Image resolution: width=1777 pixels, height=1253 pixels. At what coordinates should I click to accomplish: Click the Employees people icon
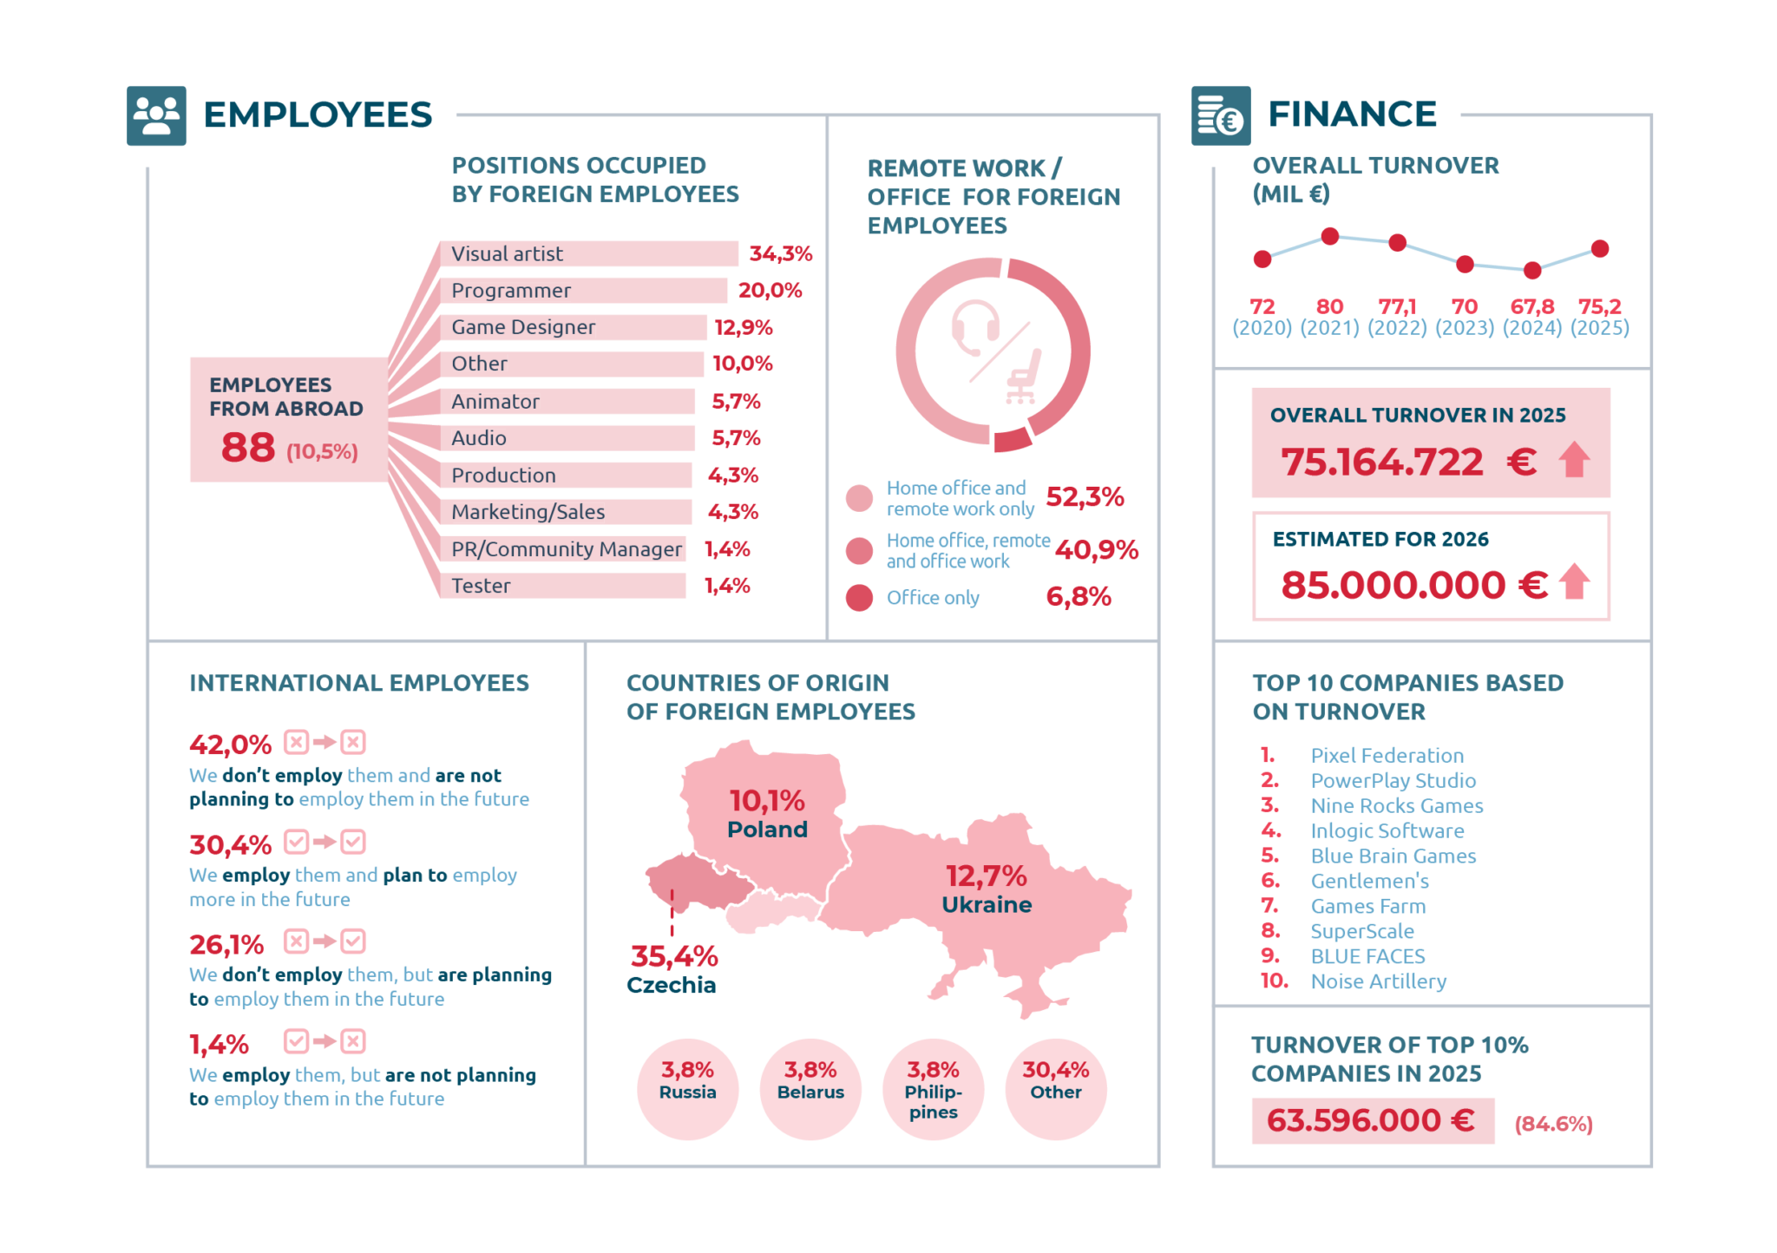coord(156,115)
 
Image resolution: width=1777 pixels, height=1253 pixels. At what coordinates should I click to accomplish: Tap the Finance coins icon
coord(1221,115)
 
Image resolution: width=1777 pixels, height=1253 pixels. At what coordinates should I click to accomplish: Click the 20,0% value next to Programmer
coord(770,291)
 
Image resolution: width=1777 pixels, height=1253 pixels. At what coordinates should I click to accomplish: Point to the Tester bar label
coord(481,586)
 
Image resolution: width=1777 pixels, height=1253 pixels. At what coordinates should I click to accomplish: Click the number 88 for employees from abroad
coord(248,448)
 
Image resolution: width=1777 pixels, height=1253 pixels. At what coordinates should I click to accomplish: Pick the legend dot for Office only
coord(859,598)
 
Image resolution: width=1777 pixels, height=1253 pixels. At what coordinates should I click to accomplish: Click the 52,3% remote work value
coord(1085,497)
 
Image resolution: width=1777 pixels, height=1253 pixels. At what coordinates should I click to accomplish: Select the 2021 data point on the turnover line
coord(1329,236)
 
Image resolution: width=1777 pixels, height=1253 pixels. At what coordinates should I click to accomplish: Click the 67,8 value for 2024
coord(1532,306)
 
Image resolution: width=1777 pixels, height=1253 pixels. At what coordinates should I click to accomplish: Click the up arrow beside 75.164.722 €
coord(1574,460)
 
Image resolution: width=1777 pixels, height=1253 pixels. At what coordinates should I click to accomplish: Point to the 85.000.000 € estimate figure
coord(1414,585)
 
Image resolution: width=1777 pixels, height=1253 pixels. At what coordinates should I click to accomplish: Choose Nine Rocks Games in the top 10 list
coord(1397,806)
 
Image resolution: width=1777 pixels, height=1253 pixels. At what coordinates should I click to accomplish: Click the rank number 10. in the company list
coord(1274,981)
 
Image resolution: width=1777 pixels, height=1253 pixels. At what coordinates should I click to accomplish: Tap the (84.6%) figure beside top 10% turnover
coord(1553,1125)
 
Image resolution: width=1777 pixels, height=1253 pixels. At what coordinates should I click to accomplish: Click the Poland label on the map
coord(767,830)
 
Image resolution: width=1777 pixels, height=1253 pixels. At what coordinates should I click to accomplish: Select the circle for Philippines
coord(933,1090)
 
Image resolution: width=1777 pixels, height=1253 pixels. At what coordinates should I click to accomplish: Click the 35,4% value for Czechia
coord(674,956)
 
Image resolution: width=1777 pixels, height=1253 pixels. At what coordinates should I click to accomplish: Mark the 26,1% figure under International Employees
coord(226,944)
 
